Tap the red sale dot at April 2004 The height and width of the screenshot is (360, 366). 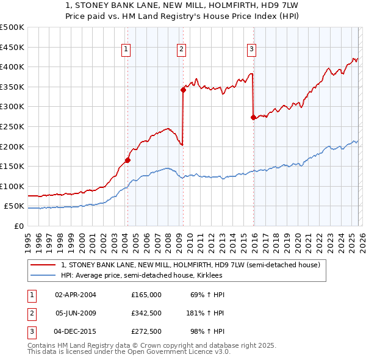point(127,160)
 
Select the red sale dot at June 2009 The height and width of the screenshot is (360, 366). point(183,90)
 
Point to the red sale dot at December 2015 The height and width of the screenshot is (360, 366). point(253,118)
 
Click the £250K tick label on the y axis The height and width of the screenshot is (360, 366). point(12,126)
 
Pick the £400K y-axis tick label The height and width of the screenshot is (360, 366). point(12,67)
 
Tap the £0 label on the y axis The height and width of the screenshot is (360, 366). point(18,226)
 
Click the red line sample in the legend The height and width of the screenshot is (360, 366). point(43,265)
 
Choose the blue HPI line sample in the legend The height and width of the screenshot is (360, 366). point(43,275)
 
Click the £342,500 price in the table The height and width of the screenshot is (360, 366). point(146,314)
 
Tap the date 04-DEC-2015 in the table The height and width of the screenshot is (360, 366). point(76,333)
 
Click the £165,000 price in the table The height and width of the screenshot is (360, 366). point(146,295)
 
